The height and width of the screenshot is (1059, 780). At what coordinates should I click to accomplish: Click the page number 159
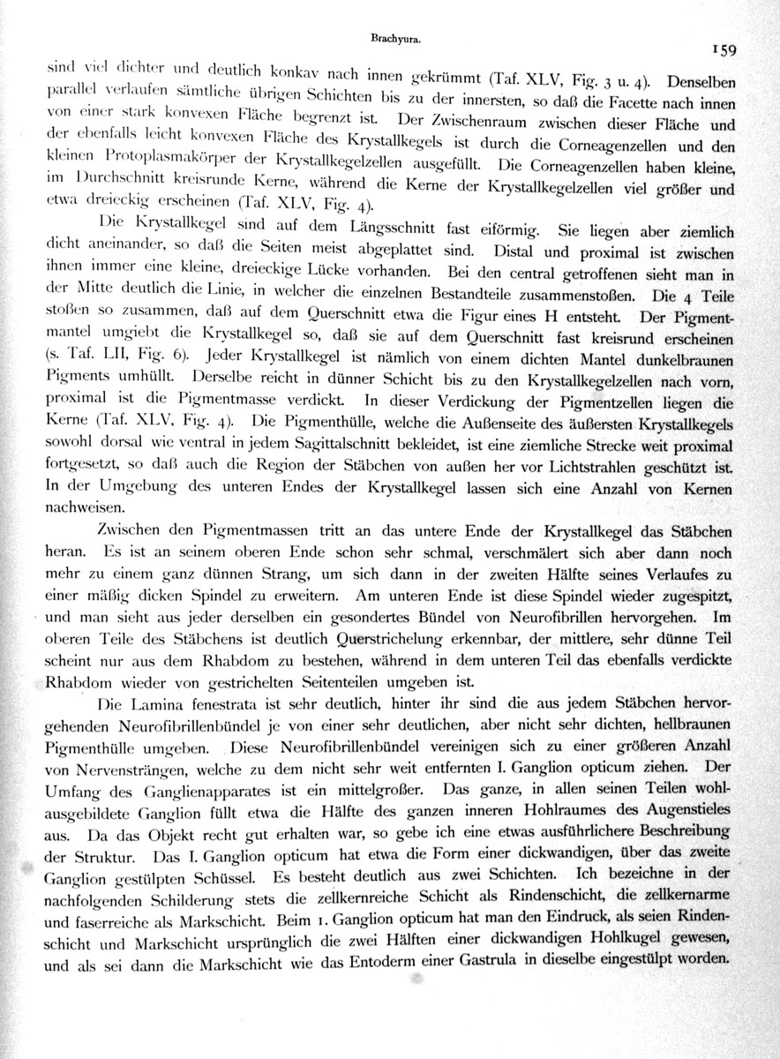point(733,50)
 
